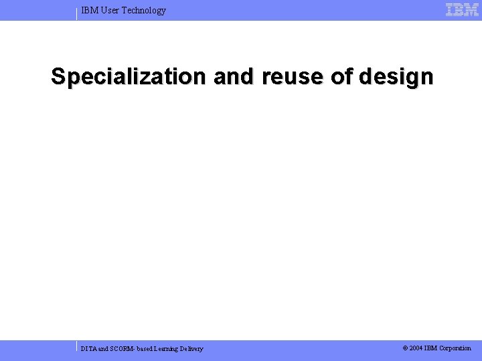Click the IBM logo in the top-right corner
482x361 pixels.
click(462, 10)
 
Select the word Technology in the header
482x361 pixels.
click(144, 11)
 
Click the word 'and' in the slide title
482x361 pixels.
click(234, 77)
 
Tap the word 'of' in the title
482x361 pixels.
click(342, 77)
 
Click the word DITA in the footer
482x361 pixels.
click(88, 349)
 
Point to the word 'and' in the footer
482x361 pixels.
click(103, 349)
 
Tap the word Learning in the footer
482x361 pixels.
click(168, 349)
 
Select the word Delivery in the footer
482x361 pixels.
click(191, 349)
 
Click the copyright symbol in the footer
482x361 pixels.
click(405, 348)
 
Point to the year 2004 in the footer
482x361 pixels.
click(416, 348)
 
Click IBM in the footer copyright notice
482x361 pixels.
click(430, 348)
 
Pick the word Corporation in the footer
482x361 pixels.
click(455, 348)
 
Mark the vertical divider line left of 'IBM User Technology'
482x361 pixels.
click(77, 13)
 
